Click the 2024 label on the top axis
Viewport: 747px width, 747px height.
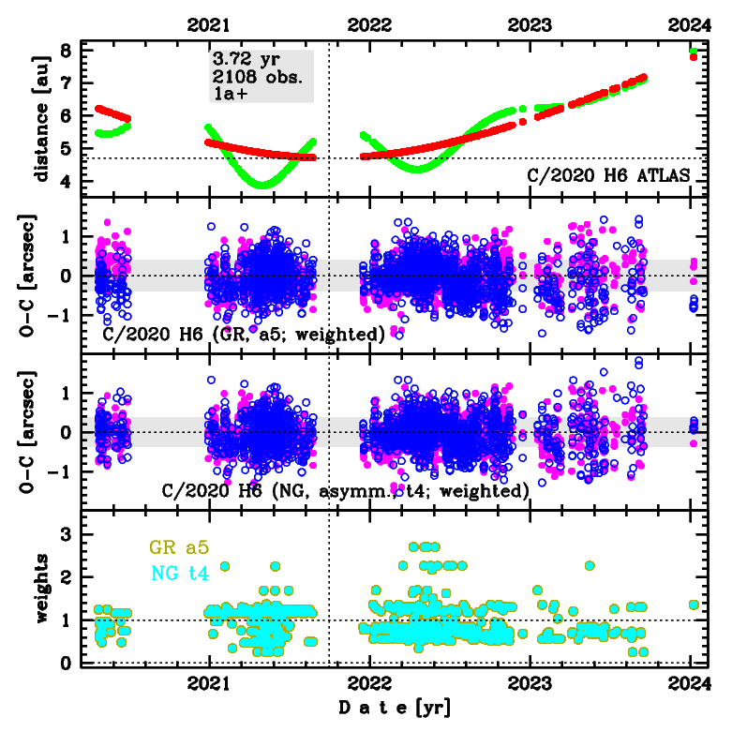pyautogui.click(x=691, y=26)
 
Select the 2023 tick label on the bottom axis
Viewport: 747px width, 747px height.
pyautogui.click(x=530, y=684)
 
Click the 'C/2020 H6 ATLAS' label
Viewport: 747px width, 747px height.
pyautogui.click(x=608, y=175)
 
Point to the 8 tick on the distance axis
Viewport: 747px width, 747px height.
pyautogui.click(x=65, y=51)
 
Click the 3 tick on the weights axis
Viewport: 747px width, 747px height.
pyautogui.click(x=65, y=534)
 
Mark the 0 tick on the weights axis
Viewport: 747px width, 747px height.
pyautogui.click(x=65, y=664)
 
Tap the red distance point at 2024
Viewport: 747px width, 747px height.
pyautogui.click(x=693, y=57)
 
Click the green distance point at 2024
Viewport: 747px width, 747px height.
pyautogui.click(x=693, y=51)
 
